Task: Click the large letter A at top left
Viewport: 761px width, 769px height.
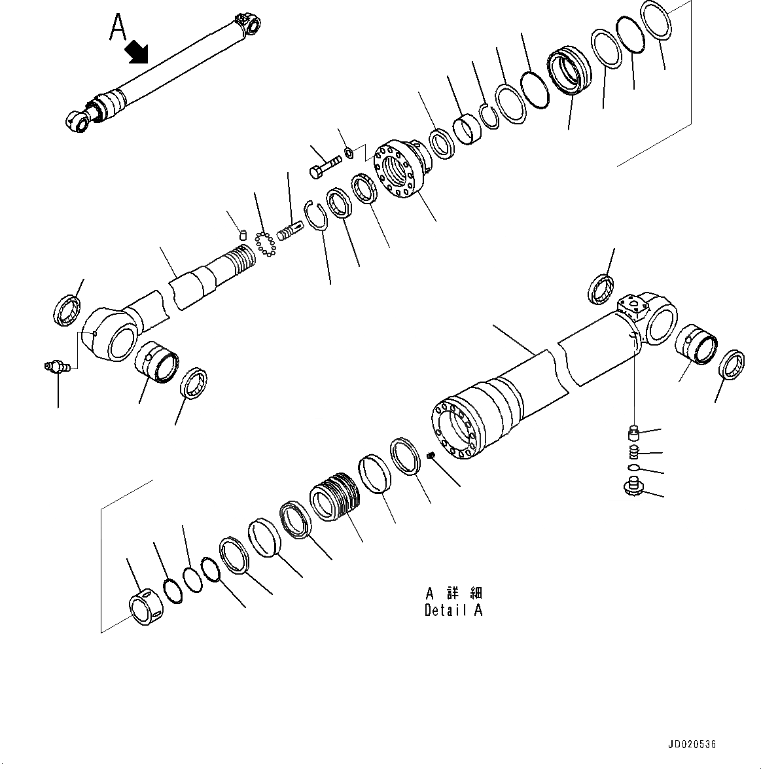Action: coord(118,27)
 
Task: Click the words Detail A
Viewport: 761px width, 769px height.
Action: coord(453,611)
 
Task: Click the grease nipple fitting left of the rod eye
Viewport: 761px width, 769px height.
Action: coord(56,368)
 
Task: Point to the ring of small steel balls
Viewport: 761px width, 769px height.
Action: coord(265,243)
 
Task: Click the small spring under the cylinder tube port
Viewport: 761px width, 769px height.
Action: coord(633,452)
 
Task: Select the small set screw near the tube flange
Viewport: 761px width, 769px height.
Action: coord(431,456)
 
